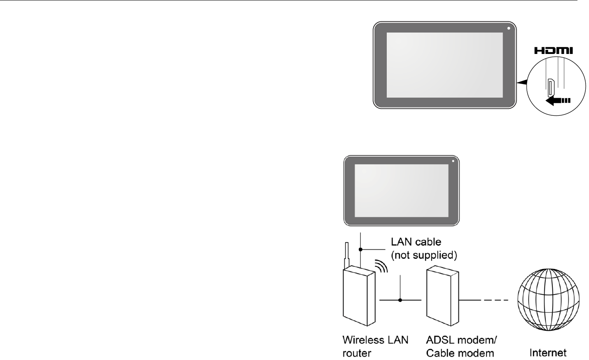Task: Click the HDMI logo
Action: pos(555,51)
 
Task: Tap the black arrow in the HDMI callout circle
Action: pos(556,100)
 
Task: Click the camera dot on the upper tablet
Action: pos(509,28)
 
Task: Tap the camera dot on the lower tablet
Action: pos(453,161)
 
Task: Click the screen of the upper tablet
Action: pos(444,65)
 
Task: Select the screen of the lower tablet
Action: pos(401,191)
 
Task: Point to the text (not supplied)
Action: pos(424,255)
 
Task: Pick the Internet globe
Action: pos(549,300)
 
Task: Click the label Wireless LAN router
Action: pos(376,346)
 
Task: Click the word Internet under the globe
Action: pos(548,353)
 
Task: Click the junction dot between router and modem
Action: pos(400,300)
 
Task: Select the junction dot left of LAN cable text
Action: pos(360,249)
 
